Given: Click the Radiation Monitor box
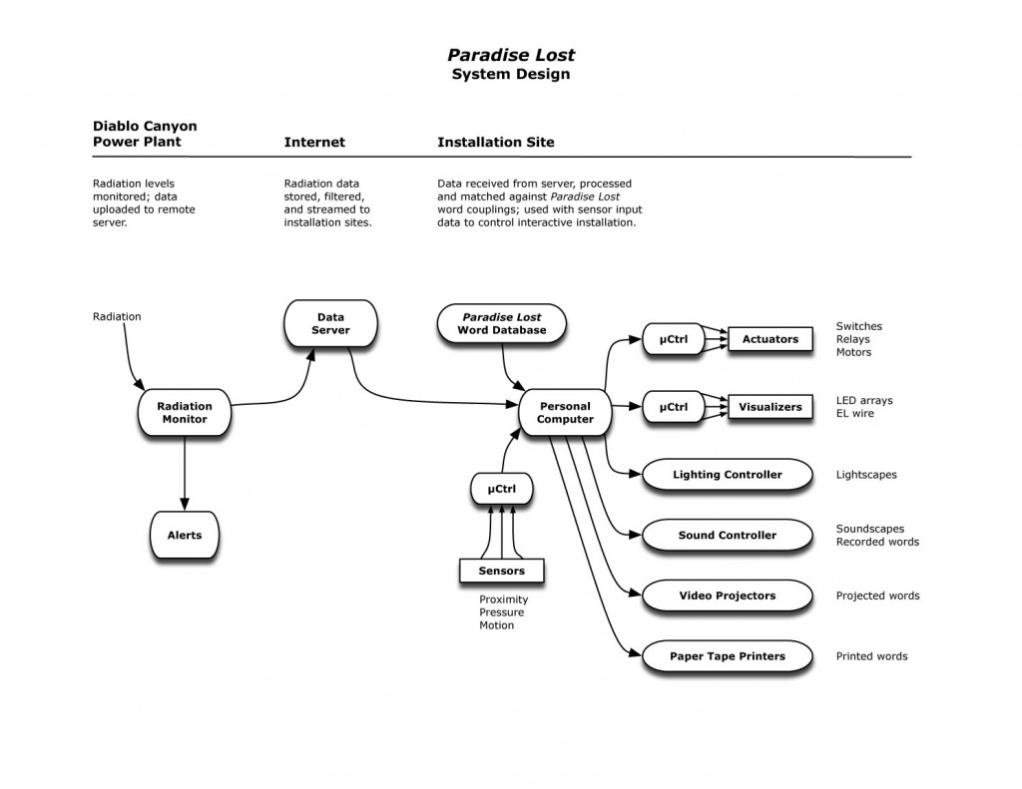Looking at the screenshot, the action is point(185,412).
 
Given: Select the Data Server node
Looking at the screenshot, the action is point(330,323).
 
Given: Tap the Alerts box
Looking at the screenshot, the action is point(185,535).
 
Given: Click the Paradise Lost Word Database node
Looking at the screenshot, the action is point(502,323).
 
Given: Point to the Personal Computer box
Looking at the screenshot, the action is point(565,412).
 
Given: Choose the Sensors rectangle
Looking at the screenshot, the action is point(502,571).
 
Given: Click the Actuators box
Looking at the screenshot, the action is point(770,339).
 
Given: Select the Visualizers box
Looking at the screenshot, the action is point(770,407).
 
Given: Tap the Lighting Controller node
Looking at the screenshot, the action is point(728,475).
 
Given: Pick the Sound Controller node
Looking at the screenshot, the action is point(728,535).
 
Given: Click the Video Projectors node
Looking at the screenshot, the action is point(728,595).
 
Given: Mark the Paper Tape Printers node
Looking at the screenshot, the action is point(728,656).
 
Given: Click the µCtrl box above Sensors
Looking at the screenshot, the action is point(502,489).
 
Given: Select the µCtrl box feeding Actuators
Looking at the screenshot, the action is point(674,339).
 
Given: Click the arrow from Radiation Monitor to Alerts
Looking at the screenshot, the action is point(185,473).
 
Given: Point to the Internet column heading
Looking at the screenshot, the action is point(314,142).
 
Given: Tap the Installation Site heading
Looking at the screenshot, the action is point(495,142).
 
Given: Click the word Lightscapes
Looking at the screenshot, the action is point(866,475).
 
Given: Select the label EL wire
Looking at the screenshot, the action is point(855,413).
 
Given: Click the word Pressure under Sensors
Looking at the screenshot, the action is point(501,612).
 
